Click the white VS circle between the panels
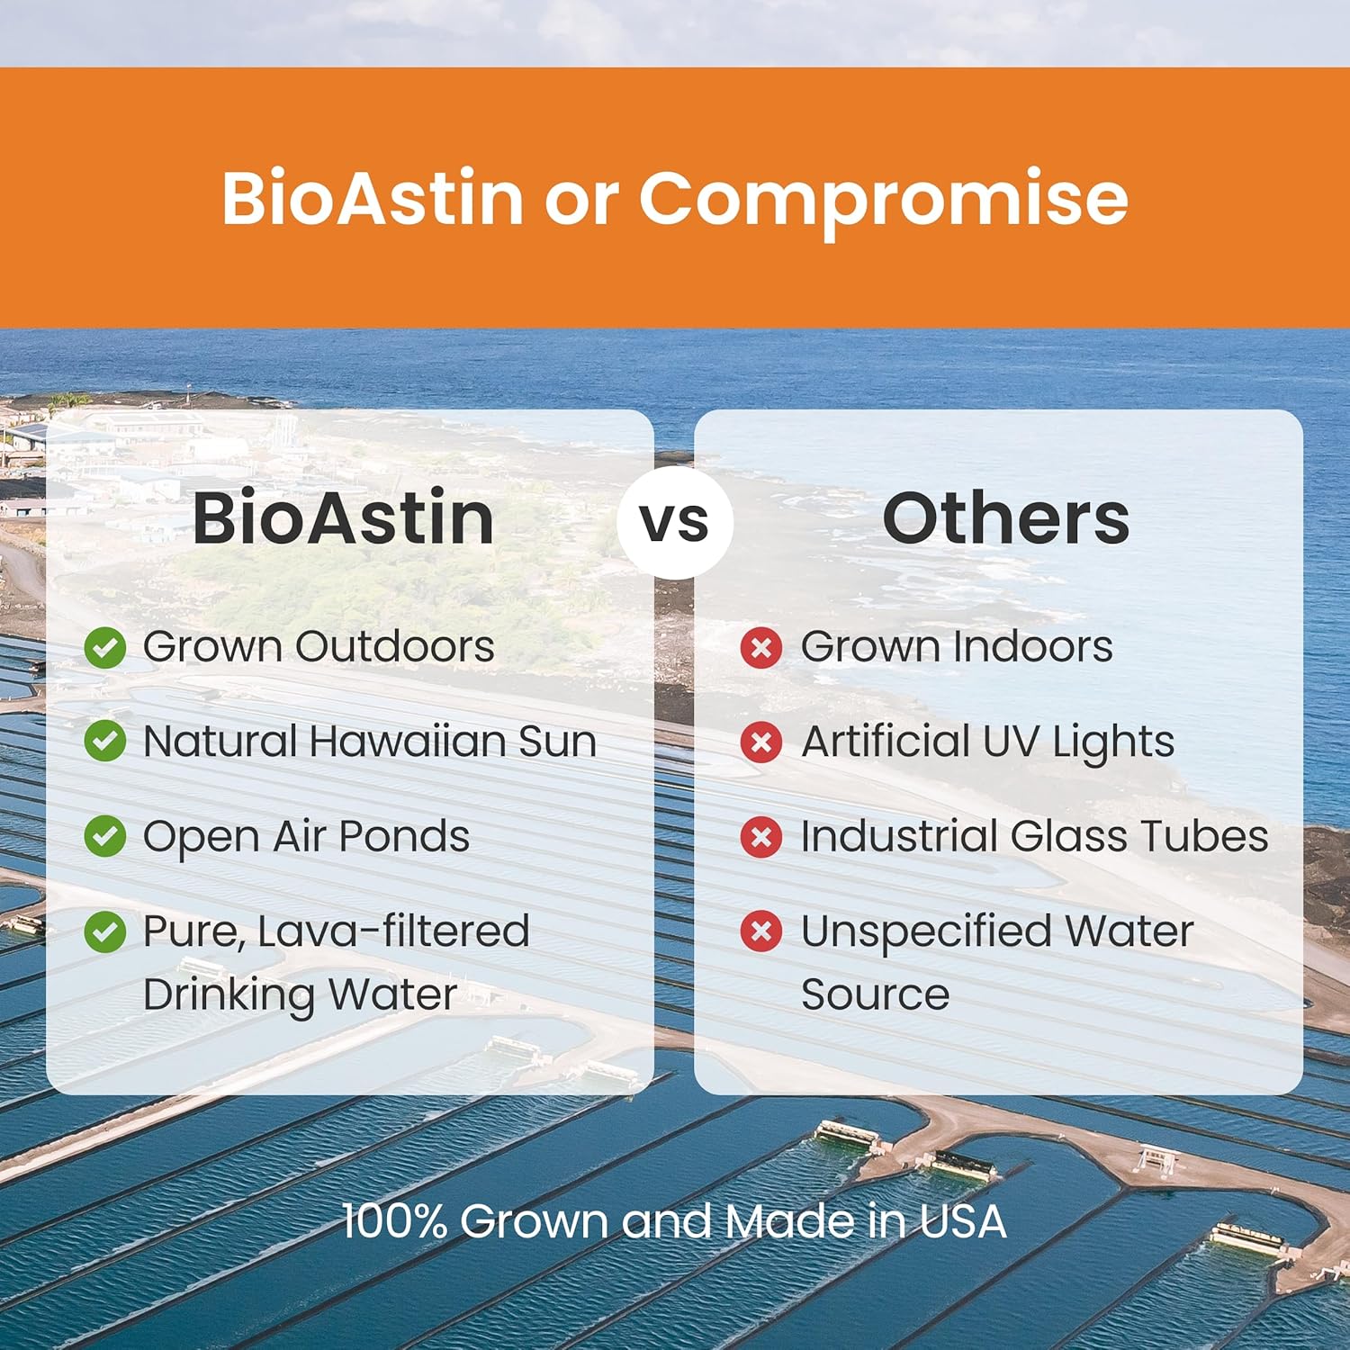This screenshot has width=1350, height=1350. (675, 522)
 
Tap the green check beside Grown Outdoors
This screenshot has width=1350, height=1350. (105, 647)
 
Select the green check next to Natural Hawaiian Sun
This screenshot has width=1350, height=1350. (105, 742)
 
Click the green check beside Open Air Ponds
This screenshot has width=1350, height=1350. (105, 836)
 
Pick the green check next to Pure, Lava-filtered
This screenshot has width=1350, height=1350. (105, 931)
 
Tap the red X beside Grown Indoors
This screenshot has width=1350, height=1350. (761, 647)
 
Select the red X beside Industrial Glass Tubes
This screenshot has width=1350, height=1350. (761, 837)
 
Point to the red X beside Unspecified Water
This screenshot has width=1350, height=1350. (761, 931)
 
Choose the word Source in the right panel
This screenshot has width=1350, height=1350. (875, 994)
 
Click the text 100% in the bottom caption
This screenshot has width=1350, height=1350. (395, 1221)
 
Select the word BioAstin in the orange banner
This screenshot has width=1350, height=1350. (373, 198)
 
